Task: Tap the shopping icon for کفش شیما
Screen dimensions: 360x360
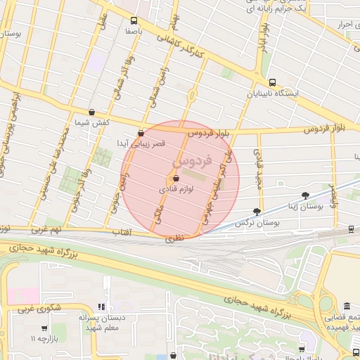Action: (92, 112)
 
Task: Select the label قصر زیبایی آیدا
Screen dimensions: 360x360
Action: (141, 143)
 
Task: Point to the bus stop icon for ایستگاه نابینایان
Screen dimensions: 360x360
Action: (272, 82)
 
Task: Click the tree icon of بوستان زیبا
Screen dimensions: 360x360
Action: (304, 195)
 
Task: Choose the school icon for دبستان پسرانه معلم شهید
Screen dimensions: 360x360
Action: (101, 307)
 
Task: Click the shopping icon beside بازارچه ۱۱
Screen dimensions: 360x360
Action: (44, 328)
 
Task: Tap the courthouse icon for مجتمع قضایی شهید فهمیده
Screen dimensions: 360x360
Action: (347, 307)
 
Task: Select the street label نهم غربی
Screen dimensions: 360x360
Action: (47, 229)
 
